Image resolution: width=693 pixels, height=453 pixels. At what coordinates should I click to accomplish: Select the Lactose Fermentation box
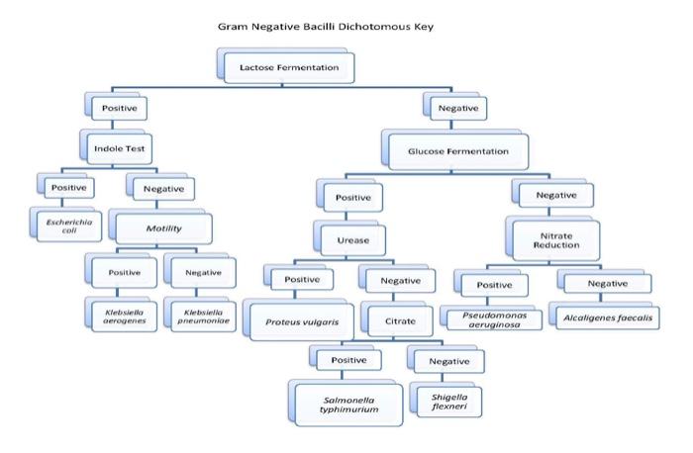coord(282,68)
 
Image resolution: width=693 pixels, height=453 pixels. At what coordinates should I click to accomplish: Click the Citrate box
coord(393,320)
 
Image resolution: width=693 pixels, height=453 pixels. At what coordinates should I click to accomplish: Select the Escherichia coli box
coord(66,223)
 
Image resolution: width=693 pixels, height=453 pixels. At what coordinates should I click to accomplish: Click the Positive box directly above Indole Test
coord(119,107)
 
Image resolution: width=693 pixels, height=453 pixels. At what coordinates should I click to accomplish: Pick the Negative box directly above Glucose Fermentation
coord(454,107)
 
